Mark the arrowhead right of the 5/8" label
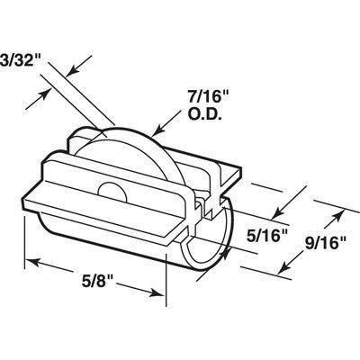(x=160, y=289)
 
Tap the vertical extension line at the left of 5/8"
(x=23, y=234)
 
